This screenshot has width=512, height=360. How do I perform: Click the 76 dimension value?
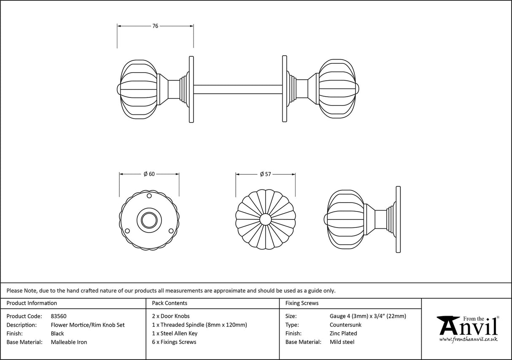155,26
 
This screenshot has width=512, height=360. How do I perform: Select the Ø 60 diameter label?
149,174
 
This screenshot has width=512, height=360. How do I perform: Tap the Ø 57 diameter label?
265,174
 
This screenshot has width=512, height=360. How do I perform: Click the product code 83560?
58,316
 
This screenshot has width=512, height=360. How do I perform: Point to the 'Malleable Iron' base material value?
69,342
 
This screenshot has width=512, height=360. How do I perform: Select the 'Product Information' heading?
32,303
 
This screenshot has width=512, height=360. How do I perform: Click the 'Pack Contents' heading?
170,303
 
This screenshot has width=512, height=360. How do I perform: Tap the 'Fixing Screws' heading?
302,303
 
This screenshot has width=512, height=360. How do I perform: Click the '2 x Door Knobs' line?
171,316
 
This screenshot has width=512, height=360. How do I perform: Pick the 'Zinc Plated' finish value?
343,333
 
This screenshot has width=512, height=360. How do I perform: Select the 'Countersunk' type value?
345,325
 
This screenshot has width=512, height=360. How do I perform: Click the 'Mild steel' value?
342,342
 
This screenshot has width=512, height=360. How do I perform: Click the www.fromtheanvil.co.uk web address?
468,339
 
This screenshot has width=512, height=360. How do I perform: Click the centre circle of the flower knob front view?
265,219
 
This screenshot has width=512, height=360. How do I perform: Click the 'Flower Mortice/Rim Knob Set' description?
88,325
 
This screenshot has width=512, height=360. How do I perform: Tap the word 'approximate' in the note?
229,290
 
